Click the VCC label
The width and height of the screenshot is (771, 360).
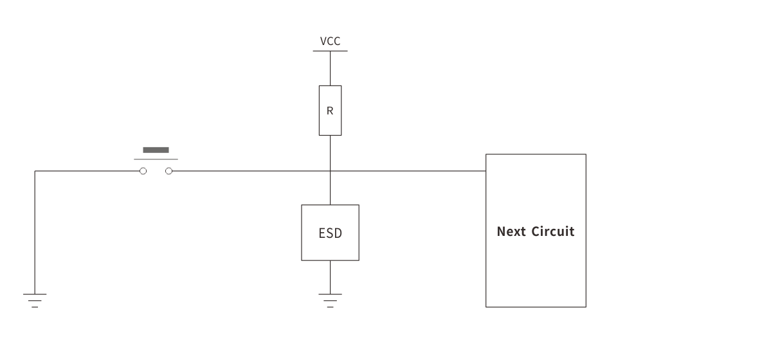coord(330,42)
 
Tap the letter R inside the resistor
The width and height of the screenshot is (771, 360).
coord(330,111)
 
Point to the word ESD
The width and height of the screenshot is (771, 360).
coord(330,233)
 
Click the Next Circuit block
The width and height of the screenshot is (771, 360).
coord(536,270)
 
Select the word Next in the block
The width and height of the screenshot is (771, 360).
coord(512,231)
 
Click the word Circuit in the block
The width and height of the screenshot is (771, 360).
coord(554,231)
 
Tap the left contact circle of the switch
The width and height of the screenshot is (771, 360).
coord(143,171)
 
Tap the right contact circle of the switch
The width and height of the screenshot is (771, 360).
coord(169,171)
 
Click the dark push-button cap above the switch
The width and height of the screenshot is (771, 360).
coord(156,150)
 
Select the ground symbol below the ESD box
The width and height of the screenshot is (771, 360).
coord(330,300)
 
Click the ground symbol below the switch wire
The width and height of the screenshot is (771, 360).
coord(35,300)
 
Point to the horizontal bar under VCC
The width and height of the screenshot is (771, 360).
coord(330,51)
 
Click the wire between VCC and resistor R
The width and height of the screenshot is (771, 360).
coord(330,67)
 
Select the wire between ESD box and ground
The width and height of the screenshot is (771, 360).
coord(330,276)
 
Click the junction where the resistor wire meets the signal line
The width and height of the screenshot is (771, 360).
coord(330,171)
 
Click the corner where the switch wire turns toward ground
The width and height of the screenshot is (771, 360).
coord(35,171)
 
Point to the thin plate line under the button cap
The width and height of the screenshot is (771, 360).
coord(156,159)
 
